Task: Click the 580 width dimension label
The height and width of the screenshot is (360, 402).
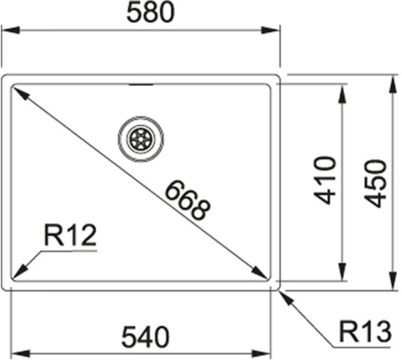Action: coord(151,13)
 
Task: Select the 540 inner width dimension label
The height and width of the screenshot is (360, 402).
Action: coord(145,337)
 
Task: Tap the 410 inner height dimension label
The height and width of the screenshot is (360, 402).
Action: coord(325,180)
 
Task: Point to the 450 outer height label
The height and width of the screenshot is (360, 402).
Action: coord(375,184)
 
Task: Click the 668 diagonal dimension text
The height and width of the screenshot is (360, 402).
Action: coord(187,200)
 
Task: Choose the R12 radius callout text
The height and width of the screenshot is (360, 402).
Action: coord(70,235)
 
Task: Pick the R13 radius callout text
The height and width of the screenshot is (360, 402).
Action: coord(365,332)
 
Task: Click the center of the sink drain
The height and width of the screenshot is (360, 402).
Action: coord(141,139)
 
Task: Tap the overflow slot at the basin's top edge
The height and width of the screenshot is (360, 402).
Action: coord(141,85)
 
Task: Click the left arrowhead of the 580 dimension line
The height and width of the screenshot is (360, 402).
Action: coord(10,30)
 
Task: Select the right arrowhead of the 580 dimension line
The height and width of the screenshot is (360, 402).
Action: coord(270,30)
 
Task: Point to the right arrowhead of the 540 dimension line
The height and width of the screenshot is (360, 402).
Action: coord(261,354)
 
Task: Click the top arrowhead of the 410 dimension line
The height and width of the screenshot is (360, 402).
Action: coord(342,94)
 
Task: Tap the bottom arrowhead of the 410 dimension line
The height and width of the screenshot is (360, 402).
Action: coord(342,272)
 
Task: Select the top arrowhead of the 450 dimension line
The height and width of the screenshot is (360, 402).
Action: coord(392,85)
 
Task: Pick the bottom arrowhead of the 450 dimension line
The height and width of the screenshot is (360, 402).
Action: coord(392,281)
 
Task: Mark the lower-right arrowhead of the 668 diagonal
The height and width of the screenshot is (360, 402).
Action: coord(260,272)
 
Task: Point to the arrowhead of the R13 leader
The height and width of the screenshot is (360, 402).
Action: coord(286,298)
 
